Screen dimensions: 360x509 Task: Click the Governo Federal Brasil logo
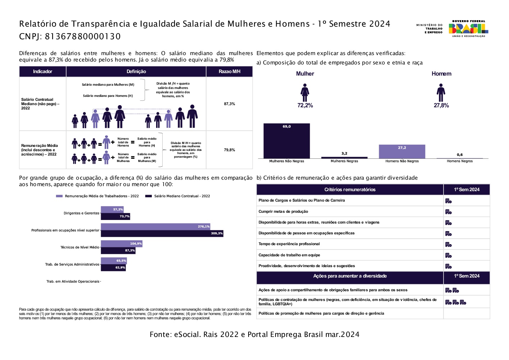[x=468, y=28]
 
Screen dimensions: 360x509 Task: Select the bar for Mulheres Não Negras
[x=286, y=141]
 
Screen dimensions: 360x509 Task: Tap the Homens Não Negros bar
[x=402, y=152]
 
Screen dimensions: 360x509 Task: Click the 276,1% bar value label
[x=204, y=226]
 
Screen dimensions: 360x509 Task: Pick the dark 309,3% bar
[x=162, y=233]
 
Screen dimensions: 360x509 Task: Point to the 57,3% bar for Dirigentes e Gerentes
[x=112, y=210]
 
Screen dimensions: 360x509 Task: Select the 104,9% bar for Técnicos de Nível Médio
[x=121, y=244]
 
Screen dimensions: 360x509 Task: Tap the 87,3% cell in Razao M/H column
[x=229, y=104]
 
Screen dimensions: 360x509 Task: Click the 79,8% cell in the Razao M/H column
[x=229, y=150]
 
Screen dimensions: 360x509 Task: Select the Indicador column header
[x=42, y=72]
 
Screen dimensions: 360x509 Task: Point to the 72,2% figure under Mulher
[x=305, y=105]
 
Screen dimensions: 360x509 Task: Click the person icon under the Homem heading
[x=441, y=93]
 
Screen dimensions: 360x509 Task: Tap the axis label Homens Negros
[x=460, y=161]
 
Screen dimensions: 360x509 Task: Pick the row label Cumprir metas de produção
[x=283, y=212]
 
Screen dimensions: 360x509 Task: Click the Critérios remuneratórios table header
[x=350, y=190]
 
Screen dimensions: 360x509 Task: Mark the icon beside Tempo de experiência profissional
[x=448, y=244]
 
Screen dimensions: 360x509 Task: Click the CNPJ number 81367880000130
[x=83, y=36]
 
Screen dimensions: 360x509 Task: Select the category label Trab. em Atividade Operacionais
[x=73, y=282]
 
